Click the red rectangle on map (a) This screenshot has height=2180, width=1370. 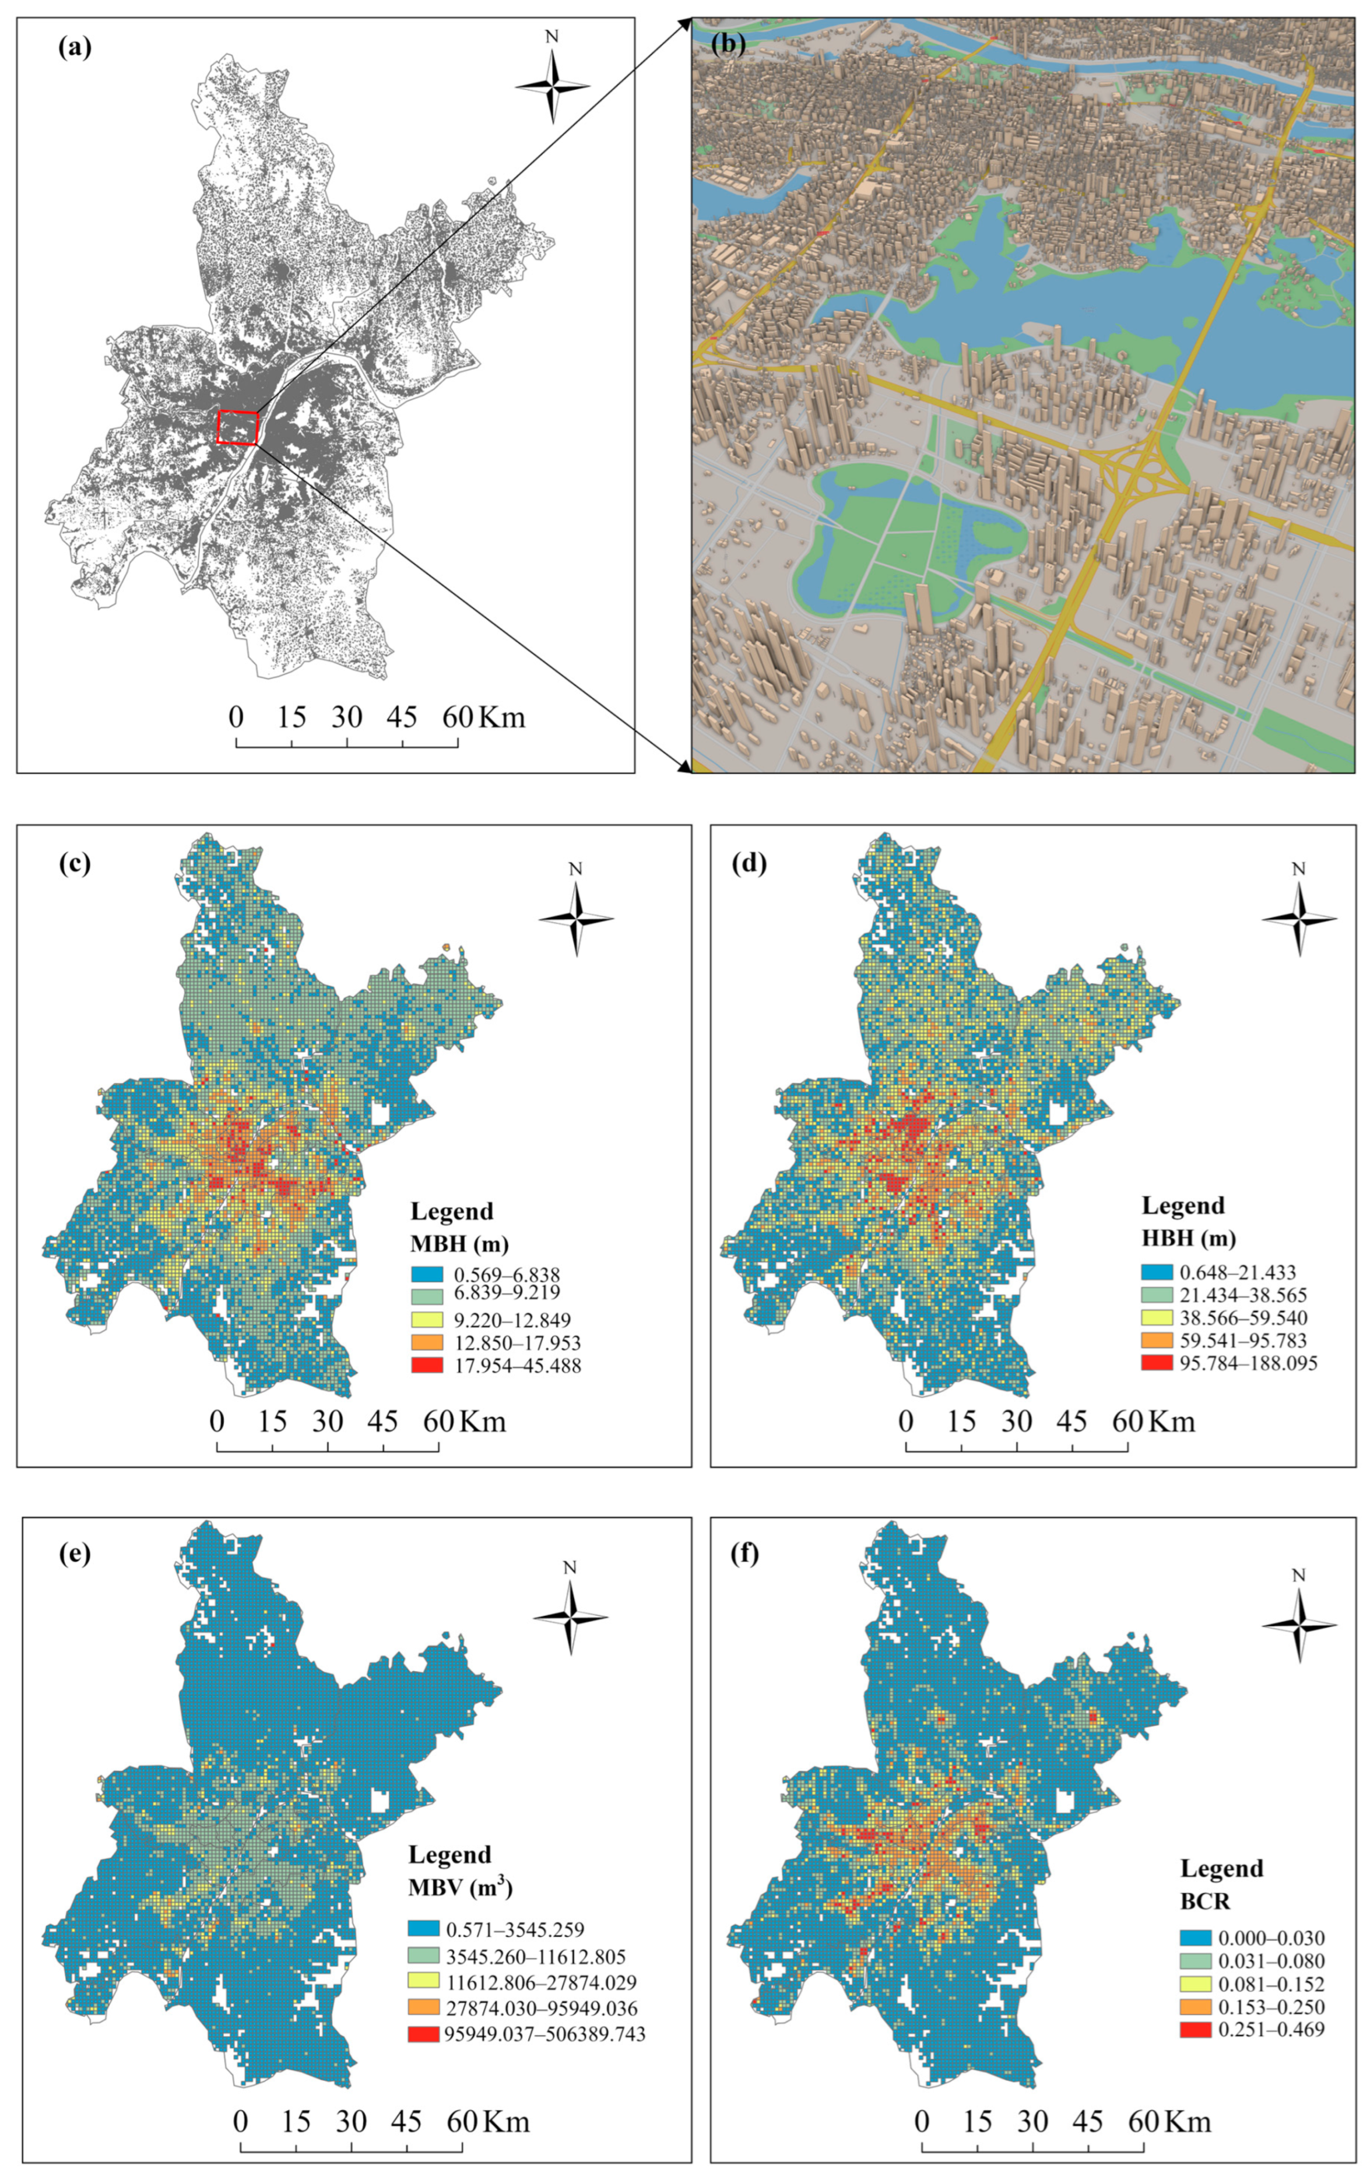click(238, 427)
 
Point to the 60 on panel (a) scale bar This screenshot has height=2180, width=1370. click(457, 718)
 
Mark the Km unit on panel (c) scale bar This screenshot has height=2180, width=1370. click(483, 1421)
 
